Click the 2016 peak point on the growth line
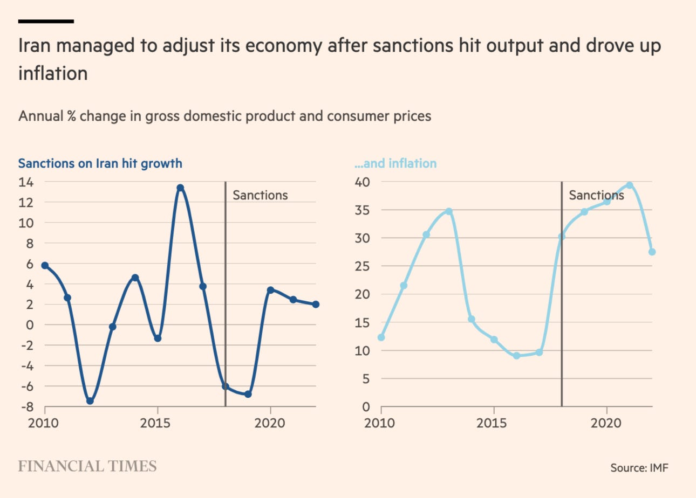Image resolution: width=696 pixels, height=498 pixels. point(180,188)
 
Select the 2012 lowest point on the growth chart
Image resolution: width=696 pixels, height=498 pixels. point(90,401)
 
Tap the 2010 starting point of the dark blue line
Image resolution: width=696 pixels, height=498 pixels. point(45,266)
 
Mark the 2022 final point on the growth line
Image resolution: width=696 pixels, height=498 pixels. point(316,305)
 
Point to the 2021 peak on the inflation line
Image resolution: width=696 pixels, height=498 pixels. point(629,185)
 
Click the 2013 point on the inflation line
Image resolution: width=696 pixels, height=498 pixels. point(448,211)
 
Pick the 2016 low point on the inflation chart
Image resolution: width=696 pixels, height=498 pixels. point(516,356)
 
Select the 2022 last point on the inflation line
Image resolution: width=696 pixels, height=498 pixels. point(652,252)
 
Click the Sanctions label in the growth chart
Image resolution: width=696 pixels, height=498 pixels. point(260,195)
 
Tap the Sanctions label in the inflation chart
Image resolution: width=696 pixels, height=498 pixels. point(596,195)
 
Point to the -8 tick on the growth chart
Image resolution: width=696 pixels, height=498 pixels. point(27,407)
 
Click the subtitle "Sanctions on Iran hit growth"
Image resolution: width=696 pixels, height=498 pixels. point(100,163)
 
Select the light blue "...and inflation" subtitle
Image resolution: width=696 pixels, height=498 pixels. point(395,163)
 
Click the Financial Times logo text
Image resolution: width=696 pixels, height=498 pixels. point(87,466)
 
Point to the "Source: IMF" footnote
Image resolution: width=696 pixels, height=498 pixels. point(639,467)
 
